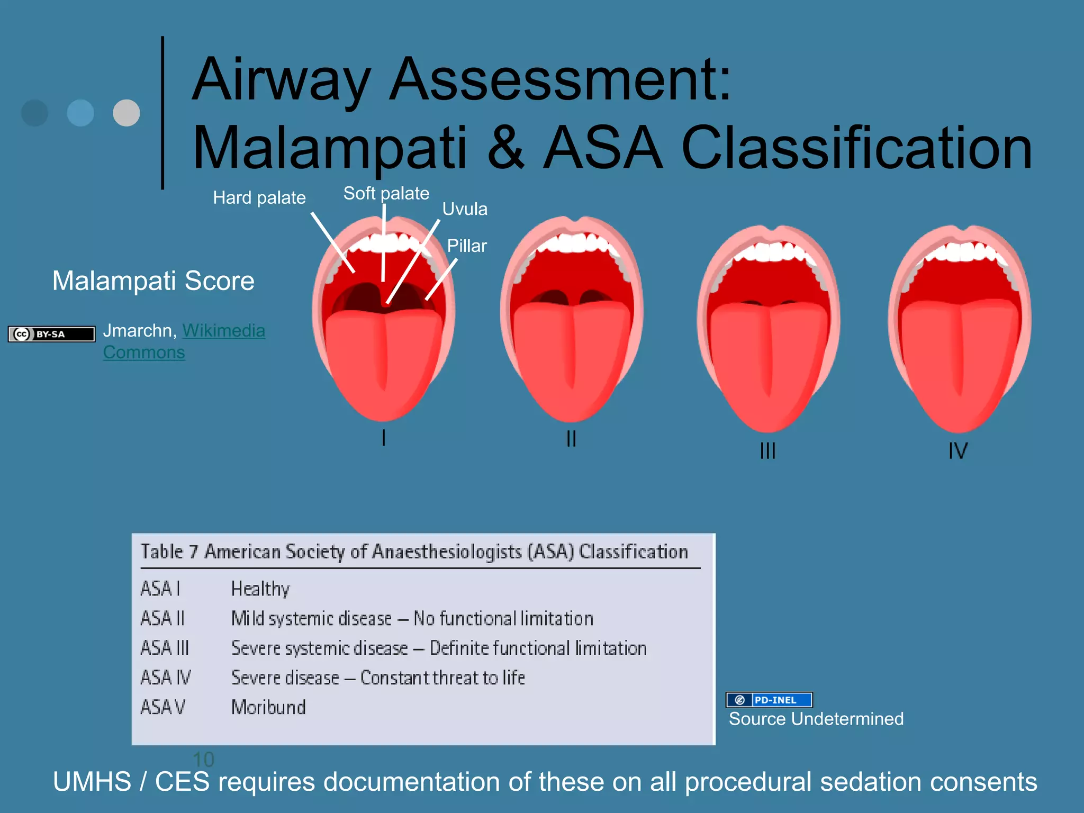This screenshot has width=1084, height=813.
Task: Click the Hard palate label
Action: [x=259, y=198]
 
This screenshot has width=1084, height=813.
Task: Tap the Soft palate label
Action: [x=386, y=193]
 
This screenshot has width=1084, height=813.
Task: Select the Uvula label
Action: [x=465, y=209]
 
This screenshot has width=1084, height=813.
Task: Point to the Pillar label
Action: [x=466, y=246]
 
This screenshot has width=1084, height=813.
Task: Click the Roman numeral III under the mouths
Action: [x=767, y=451]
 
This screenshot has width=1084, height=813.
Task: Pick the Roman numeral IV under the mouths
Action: [x=958, y=451]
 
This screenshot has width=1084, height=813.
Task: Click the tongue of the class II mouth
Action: [x=572, y=355]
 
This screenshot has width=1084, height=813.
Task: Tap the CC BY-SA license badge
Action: [x=51, y=334]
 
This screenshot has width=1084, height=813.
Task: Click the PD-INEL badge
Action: [x=769, y=700]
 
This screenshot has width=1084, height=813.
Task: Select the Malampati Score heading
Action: [x=153, y=281]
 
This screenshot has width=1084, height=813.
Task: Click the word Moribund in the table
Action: [x=268, y=707]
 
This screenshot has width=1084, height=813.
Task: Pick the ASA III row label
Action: [x=165, y=648]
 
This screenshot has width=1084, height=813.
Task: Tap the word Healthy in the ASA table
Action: [x=260, y=589]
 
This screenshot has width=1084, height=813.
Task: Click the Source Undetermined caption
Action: [x=816, y=719]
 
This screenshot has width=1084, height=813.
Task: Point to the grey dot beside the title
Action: [x=127, y=113]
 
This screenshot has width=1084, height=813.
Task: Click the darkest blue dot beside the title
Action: [x=35, y=113]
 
